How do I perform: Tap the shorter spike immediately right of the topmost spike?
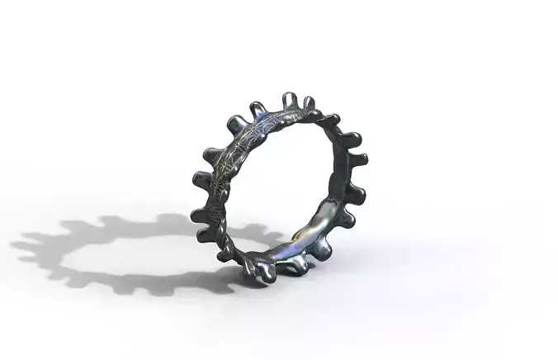(x=309, y=104)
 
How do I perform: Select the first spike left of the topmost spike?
(x=258, y=109)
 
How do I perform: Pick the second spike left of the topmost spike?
(x=235, y=122)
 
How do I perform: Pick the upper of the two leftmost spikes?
(x=200, y=178)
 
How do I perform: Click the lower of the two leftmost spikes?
(x=198, y=216)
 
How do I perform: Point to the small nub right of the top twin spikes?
(x=332, y=120)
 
